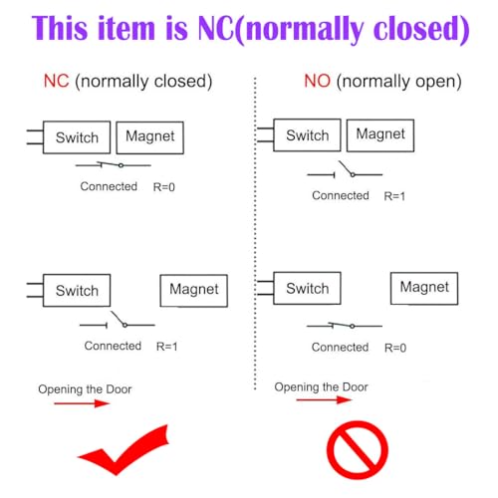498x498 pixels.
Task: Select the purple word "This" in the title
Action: (61, 29)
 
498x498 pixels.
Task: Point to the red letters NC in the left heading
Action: (57, 81)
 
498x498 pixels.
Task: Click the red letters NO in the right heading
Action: (318, 81)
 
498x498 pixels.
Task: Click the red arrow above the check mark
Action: (82, 403)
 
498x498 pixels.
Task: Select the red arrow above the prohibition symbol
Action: (324, 399)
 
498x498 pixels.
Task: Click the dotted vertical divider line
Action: (255, 233)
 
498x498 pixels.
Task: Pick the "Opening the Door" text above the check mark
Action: (85, 389)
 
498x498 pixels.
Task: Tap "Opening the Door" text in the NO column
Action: (321, 387)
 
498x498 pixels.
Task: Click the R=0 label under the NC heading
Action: (164, 187)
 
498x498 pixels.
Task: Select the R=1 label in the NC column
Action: (167, 347)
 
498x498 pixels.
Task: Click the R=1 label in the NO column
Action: (394, 196)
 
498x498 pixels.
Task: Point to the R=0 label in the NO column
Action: (395, 348)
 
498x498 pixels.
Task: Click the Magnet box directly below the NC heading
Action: (150, 137)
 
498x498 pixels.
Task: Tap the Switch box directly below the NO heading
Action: (307, 135)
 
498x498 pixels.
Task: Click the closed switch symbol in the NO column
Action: (345, 326)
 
